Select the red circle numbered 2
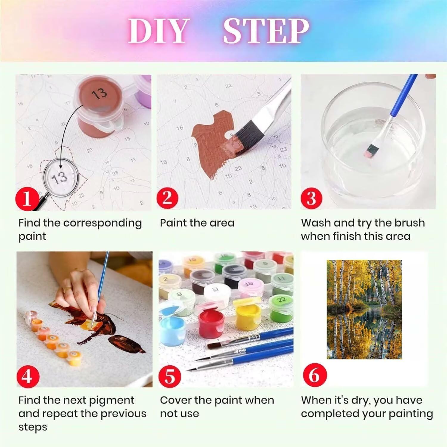click(167, 198)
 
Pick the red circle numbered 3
click(311, 198)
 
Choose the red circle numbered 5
click(170, 376)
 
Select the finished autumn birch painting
click(364, 309)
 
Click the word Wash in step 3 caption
click(316, 223)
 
